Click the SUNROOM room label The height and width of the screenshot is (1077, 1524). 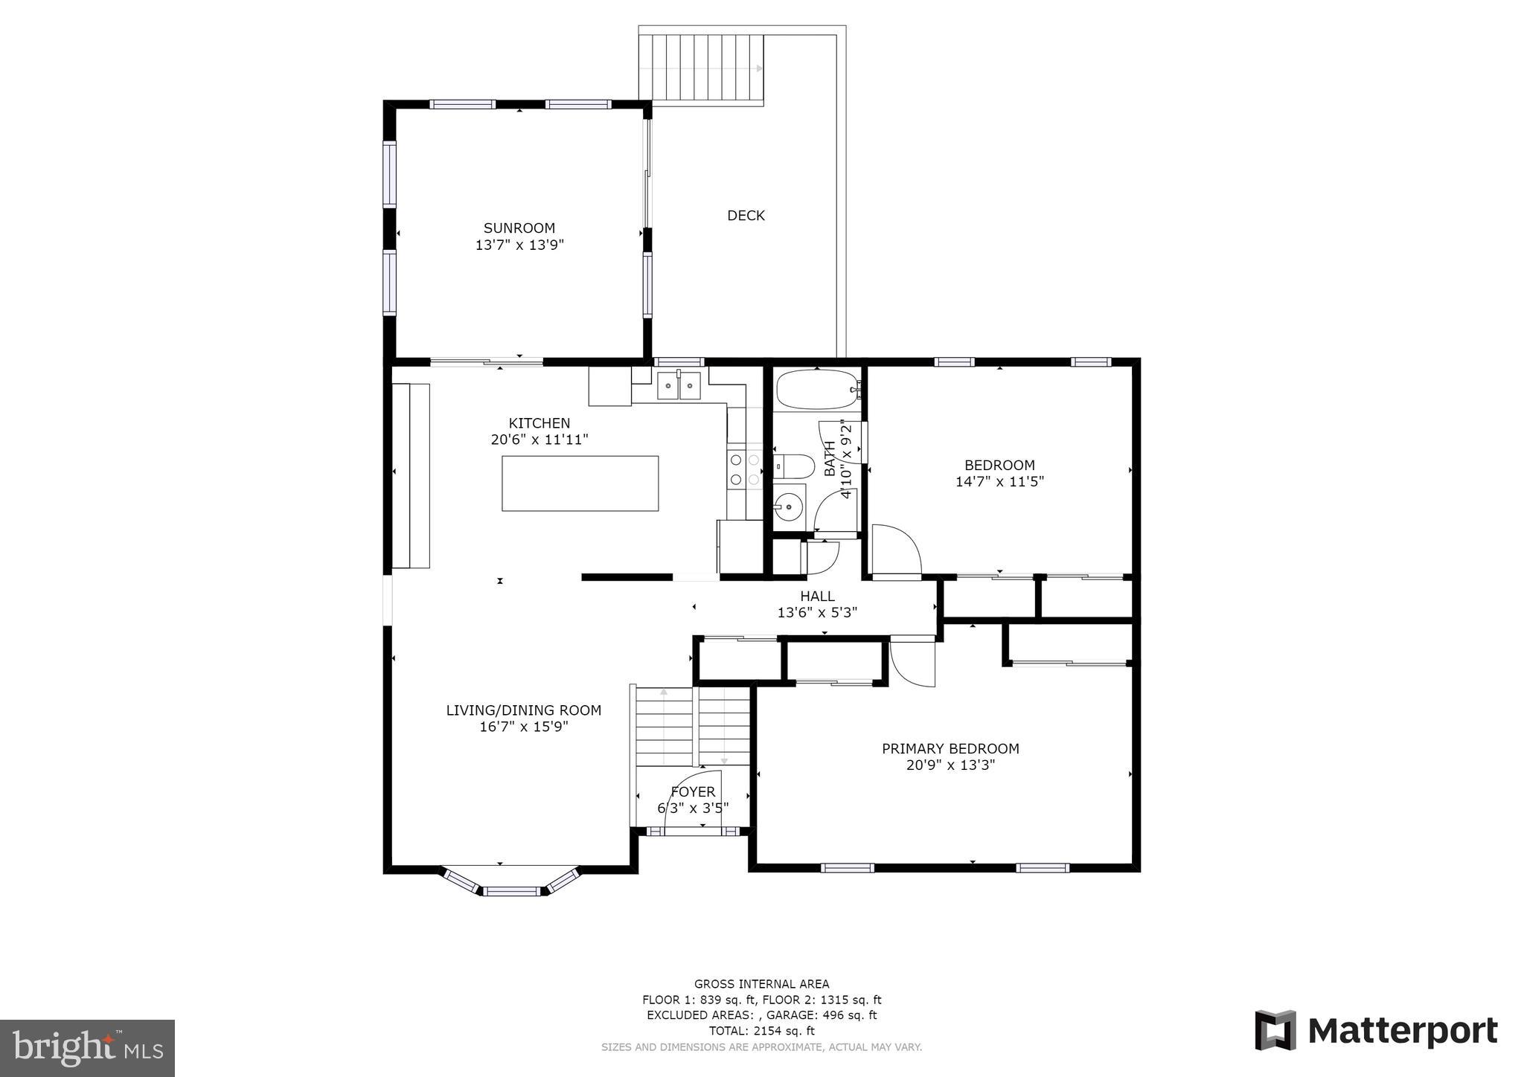click(x=519, y=228)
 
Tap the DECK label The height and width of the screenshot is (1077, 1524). click(x=746, y=216)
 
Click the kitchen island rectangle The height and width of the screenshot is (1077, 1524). click(x=580, y=483)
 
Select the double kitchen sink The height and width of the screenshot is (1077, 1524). click(x=679, y=385)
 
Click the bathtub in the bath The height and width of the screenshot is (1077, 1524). click(x=817, y=390)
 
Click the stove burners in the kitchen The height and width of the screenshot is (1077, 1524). click(x=744, y=469)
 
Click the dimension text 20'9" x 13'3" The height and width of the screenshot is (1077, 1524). click(x=950, y=765)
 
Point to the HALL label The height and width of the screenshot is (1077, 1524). click(x=817, y=596)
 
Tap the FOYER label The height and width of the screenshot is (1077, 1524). click(x=693, y=792)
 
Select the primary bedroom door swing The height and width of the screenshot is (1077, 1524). click(x=912, y=663)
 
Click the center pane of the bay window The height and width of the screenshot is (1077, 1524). click(x=511, y=890)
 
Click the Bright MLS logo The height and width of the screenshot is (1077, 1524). click(x=87, y=1048)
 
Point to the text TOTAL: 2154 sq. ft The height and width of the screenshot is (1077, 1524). click(x=761, y=1031)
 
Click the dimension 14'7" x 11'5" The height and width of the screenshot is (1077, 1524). click(x=999, y=482)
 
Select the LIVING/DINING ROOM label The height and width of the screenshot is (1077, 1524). click(x=523, y=710)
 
